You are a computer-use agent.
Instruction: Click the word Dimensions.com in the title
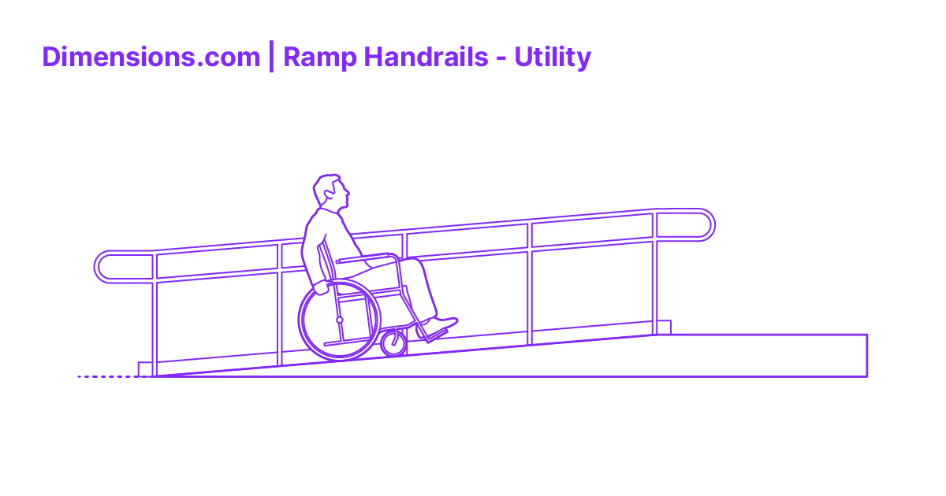151,57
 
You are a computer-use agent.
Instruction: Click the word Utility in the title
552,57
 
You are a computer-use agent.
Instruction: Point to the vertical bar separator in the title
271,57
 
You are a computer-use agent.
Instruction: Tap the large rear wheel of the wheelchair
340,320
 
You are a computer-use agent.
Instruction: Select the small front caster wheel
393,342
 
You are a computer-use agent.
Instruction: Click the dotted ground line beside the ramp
106,377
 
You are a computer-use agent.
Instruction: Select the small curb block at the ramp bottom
144,368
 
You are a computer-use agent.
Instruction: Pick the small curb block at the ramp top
664,327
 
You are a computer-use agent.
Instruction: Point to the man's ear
327,191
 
